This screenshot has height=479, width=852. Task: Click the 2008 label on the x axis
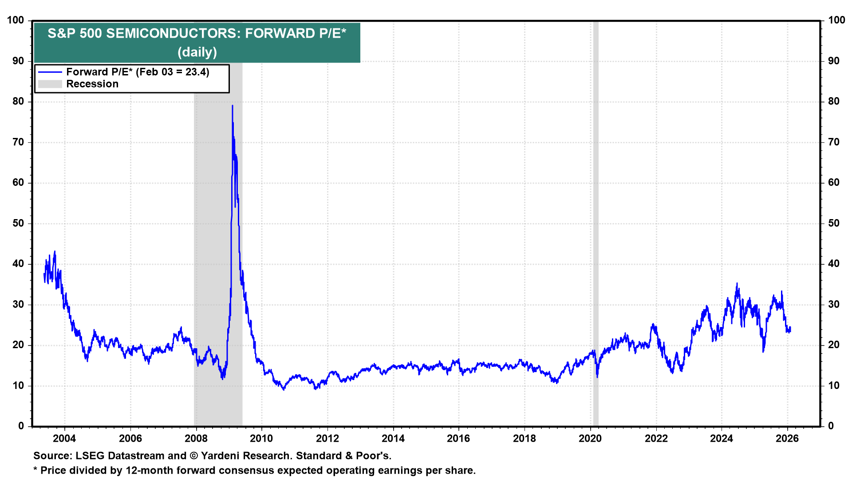(x=196, y=439)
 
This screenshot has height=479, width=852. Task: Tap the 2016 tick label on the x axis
(x=458, y=439)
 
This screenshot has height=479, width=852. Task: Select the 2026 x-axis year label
(x=787, y=439)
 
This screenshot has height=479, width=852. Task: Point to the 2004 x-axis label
(x=64, y=439)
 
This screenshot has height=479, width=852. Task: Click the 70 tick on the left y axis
(x=18, y=142)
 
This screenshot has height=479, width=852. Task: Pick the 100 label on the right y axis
(x=836, y=20)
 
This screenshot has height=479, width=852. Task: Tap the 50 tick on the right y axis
(x=834, y=223)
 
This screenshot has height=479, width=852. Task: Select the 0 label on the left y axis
(x=21, y=426)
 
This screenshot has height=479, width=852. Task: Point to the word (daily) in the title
(x=197, y=52)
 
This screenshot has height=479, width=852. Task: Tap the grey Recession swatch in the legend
(x=50, y=84)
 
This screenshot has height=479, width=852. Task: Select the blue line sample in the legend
(x=50, y=72)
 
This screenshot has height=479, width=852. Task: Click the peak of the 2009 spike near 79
(x=232, y=106)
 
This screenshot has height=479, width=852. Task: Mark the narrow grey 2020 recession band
(x=596, y=222)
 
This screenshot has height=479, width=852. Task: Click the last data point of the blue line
(x=790, y=328)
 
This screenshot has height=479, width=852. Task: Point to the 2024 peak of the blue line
(x=737, y=283)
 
